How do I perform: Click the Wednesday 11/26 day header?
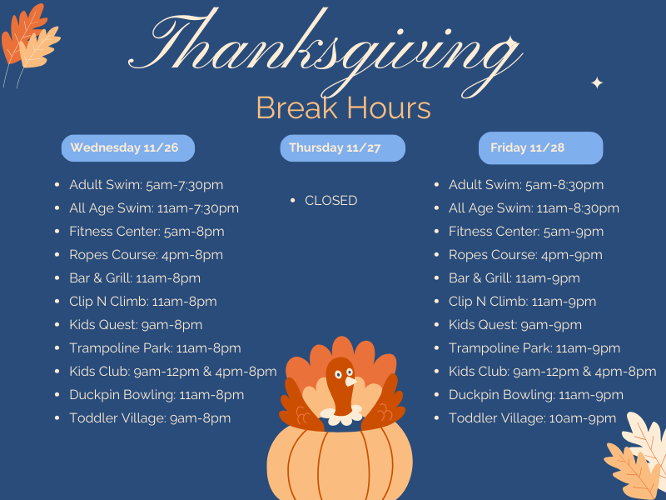(x=127, y=147)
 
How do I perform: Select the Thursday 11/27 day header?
(x=342, y=147)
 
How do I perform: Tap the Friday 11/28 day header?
(x=540, y=147)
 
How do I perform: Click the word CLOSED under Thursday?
(x=331, y=201)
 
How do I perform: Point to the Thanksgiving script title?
(x=325, y=46)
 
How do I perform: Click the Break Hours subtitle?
(x=343, y=108)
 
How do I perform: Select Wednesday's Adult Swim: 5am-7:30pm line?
(x=146, y=185)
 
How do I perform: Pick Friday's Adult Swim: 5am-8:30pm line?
(x=526, y=185)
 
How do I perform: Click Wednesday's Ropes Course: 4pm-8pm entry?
(x=146, y=255)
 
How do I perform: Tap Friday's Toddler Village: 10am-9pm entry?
(x=532, y=418)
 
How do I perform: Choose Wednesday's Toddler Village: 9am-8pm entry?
(x=150, y=418)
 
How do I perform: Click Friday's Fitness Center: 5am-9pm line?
(x=526, y=232)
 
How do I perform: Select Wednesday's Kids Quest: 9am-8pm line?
(x=136, y=325)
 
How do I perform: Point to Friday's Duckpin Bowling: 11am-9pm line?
(x=535, y=395)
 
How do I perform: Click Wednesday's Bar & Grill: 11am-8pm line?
(x=135, y=278)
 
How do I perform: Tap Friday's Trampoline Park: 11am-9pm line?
(x=534, y=348)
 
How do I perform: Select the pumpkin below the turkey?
(x=339, y=462)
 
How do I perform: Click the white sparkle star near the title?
(x=596, y=82)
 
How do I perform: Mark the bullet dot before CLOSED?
(x=294, y=201)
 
